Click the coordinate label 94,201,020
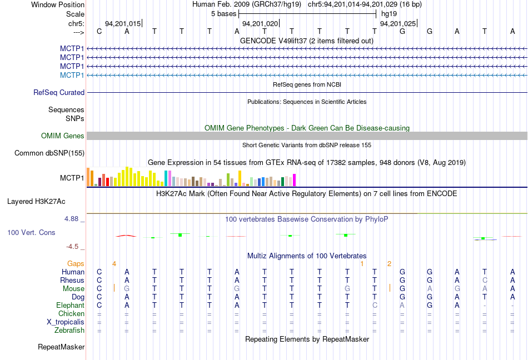tap(260, 23)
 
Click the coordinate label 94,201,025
tap(397, 23)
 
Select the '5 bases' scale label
tap(223, 13)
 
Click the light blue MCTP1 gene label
tap(72, 75)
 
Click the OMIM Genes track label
tap(63, 136)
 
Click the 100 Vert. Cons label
tap(31, 232)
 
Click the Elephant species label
tap(70, 305)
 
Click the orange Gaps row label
tap(76, 263)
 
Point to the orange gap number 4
tap(114, 263)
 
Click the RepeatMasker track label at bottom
tap(61, 347)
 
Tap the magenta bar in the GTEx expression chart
tap(294, 180)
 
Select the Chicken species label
tap(71, 314)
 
